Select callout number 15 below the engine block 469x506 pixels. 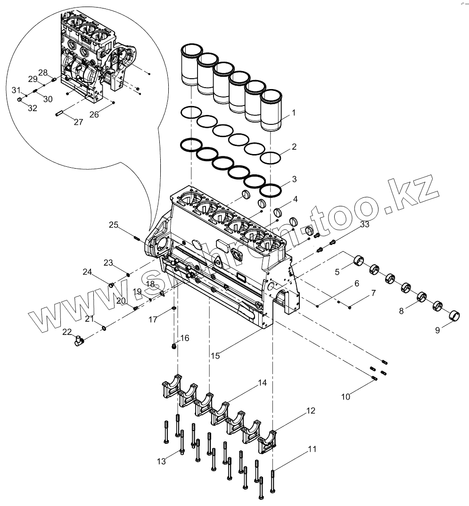point(215,356)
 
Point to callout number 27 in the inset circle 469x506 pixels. point(78,122)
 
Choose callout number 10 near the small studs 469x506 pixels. point(346,397)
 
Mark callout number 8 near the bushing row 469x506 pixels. point(401,311)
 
